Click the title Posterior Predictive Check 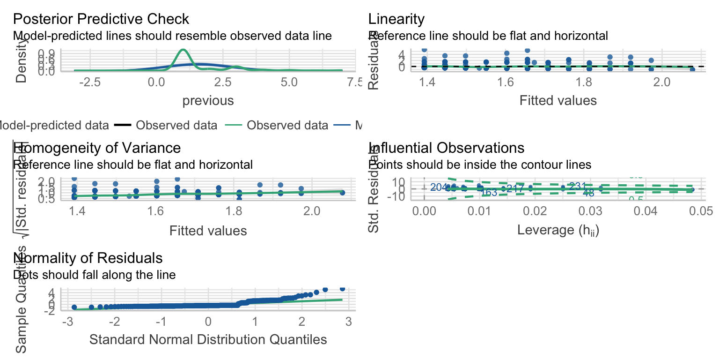click(x=101, y=19)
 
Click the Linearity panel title click(x=396, y=19)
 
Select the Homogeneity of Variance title click(x=97, y=148)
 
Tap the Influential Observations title click(x=446, y=148)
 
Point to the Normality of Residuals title click(x=88, y=258)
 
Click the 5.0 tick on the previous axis click(x=289, y=82)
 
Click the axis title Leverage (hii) click(x=558, y=230)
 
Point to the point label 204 click(x=439, y=187)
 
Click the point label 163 click(x=489, y=192)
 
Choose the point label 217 click(x=515, y=188)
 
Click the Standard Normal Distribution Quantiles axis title click(x=208, y=339)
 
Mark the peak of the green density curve click(x=183, y=49)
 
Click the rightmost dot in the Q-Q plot click(x=342, y=289)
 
